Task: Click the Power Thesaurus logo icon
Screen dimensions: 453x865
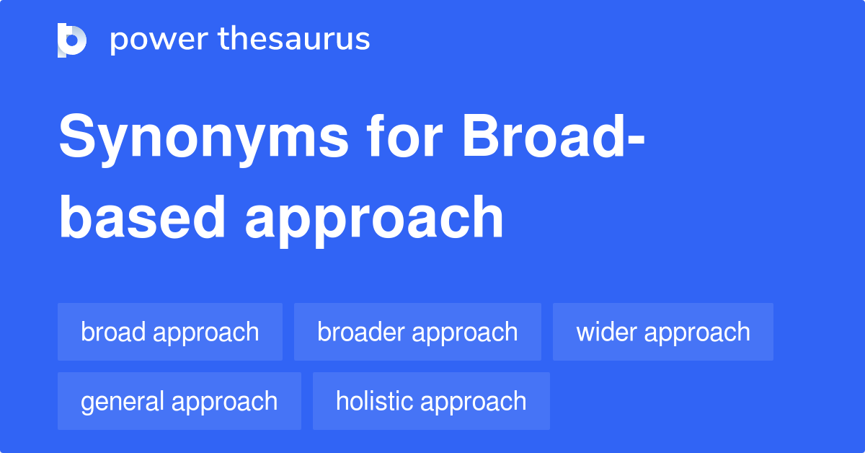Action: pos(72,40)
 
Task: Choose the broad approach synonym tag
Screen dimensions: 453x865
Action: pos(170,332)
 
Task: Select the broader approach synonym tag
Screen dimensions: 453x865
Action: pos(417,332)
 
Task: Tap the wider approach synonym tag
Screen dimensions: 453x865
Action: pos(663,332)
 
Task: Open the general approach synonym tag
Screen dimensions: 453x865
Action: pos(179,401)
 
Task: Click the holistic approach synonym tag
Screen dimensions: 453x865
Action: pos(431,401)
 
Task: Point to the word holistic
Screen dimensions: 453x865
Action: pos(374,401)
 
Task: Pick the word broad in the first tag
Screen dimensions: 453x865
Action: pos(114,332)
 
